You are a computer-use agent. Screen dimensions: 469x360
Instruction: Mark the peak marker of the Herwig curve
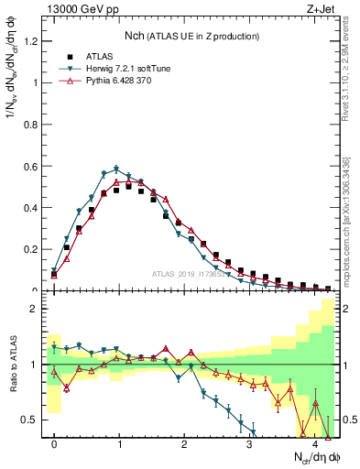(116, 169)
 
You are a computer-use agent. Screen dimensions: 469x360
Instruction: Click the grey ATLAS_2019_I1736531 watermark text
(193, 275)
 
